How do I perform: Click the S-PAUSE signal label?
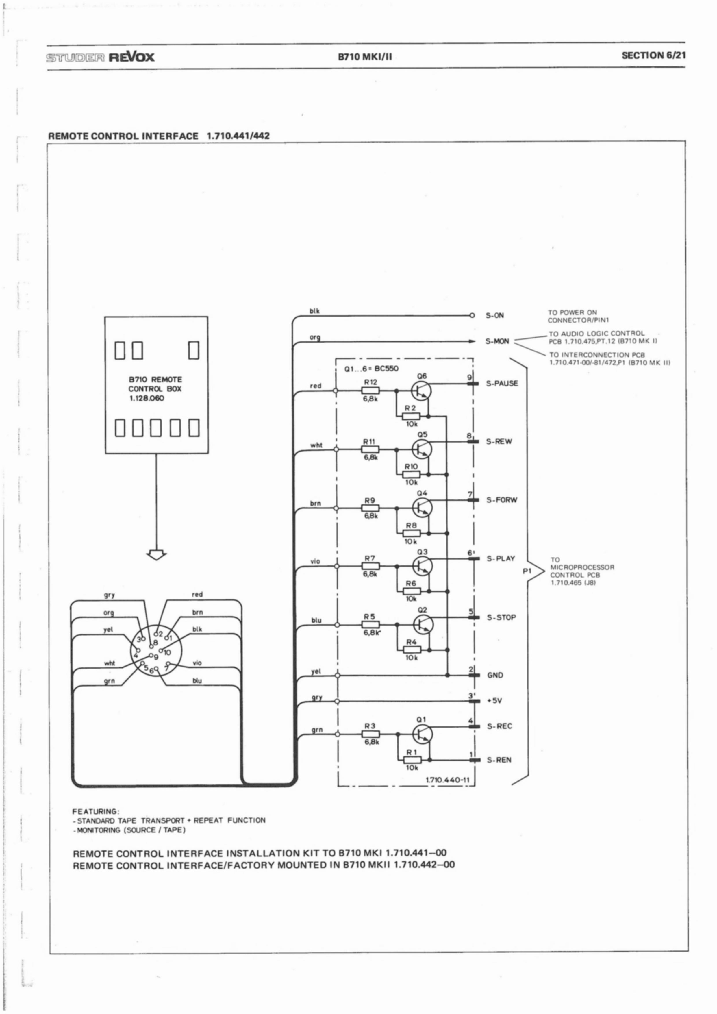point(502,383)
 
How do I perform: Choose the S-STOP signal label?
point(501,617)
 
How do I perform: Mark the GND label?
point(495,675)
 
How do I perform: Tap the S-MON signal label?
point(497,341)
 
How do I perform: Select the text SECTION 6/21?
point(653,56)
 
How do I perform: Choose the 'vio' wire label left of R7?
point(315,561)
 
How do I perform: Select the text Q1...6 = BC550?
point(372,369)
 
